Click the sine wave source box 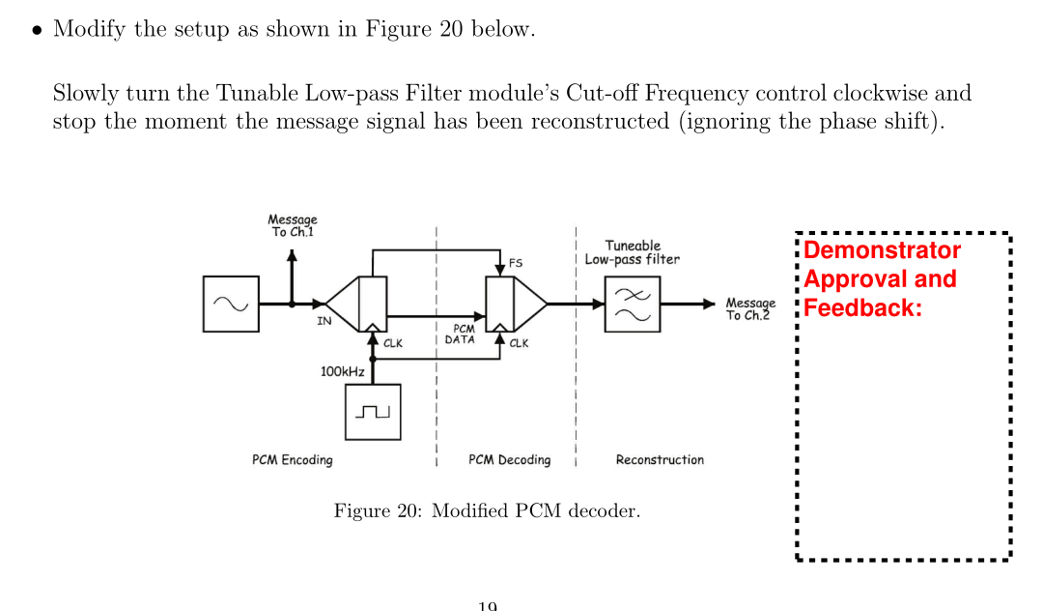(232, 304)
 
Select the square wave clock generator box (372, 412)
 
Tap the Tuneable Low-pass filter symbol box (633, 304)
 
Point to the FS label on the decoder (517, 262)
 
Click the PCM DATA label (460, 335)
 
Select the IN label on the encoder (324, 321)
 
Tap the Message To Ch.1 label (293, 226)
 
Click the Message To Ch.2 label (750, 309)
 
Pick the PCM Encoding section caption (292, 460)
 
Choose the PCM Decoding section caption (509, 460)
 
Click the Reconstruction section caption (660, 460)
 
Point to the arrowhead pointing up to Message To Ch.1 (293, 255)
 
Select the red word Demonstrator (882, 250)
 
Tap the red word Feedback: (863, 308)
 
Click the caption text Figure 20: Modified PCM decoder (487, 510)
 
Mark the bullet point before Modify (36, 30)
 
